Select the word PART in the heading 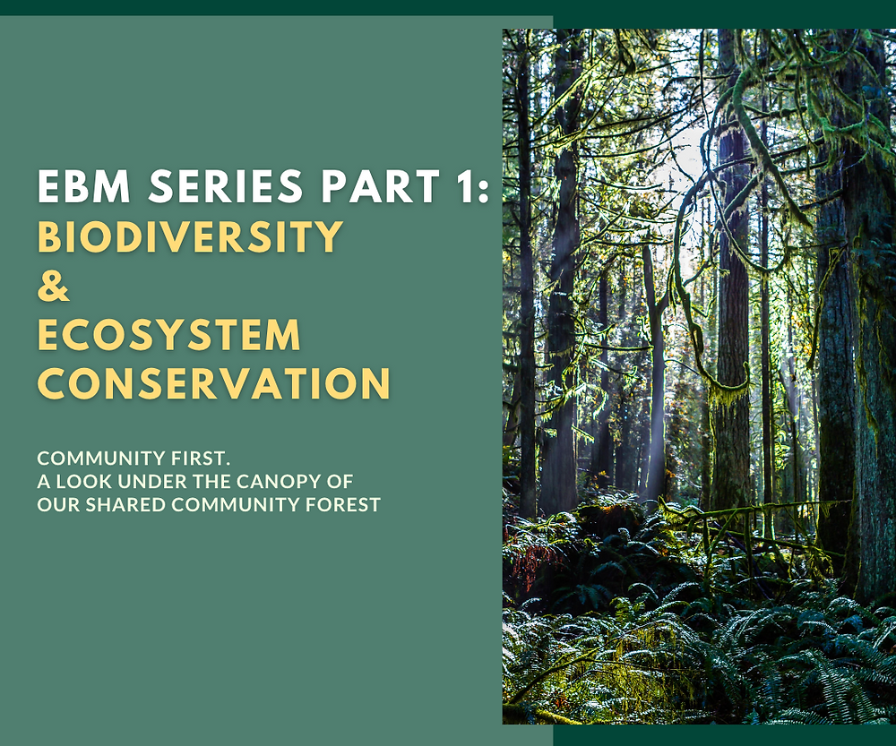(x=375, y=186)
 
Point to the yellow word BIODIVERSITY (x=190, y=236)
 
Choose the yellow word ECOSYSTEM (x=169, y=335)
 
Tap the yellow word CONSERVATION (x=214, y=383)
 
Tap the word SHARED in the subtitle (x=119, y=505)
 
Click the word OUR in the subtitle (x=55, y=505)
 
